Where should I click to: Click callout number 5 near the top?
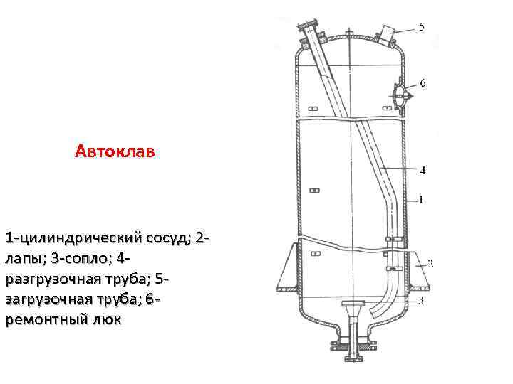422,27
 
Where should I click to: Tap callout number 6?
423,83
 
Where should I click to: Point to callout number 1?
421,200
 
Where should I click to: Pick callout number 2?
430,264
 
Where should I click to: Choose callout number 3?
422,301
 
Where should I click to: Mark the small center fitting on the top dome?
348,34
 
